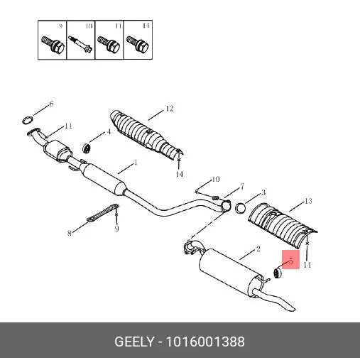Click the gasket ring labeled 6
(x=23, y=120)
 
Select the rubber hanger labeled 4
(x=87, y=148)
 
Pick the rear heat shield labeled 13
(x=282, y=224)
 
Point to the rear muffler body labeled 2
(x=227, y=270)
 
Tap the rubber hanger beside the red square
(x=278, y=273)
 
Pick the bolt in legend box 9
(x=53, y=45)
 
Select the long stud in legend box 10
(x=80, y=45)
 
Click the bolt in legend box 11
(x=109, y=45)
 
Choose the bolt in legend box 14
(x=138, y=45)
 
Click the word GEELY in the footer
(x=134, y=342)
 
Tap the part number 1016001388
(x=205, y=342)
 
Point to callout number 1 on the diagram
(x=136, y=163)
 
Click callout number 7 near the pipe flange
(x=242, y=187)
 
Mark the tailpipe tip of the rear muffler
(x=290, y=308)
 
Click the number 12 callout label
(x=170, y=109)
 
